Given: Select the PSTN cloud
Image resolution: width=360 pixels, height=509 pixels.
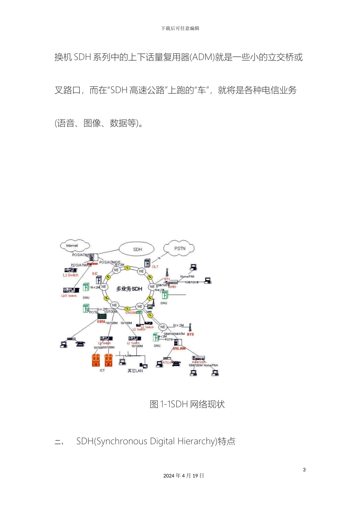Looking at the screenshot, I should (179, 248).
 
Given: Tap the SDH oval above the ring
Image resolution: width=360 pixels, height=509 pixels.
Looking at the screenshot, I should (137, 249).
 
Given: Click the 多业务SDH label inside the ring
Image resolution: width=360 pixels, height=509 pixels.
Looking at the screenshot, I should (129, 289).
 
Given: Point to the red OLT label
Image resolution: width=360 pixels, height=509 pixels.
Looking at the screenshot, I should (155, 267).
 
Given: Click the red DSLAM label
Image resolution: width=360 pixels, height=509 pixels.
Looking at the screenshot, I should (179, 348).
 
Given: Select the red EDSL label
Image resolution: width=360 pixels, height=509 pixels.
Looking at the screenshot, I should (102, 322).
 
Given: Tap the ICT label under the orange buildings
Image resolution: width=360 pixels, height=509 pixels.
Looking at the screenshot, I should (102, 370).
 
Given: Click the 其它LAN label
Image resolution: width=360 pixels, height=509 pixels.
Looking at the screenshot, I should (135, 371).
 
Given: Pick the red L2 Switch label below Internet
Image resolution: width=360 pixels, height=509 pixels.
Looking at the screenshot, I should (70, 275).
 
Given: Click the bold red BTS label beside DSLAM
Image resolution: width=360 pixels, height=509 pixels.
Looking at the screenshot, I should (190, 334).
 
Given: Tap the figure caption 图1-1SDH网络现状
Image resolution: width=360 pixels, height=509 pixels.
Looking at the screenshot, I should (187, 404).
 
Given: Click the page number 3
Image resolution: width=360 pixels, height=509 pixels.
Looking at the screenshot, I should (304, 470).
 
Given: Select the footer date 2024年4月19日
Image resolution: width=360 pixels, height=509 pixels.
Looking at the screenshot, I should (184, 476).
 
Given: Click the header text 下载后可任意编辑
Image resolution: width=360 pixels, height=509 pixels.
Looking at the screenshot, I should (180, 28).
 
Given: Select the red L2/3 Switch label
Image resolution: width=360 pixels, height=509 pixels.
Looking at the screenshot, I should (69, 296).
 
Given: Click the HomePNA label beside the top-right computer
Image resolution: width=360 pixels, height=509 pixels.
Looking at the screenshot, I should (187, 276).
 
